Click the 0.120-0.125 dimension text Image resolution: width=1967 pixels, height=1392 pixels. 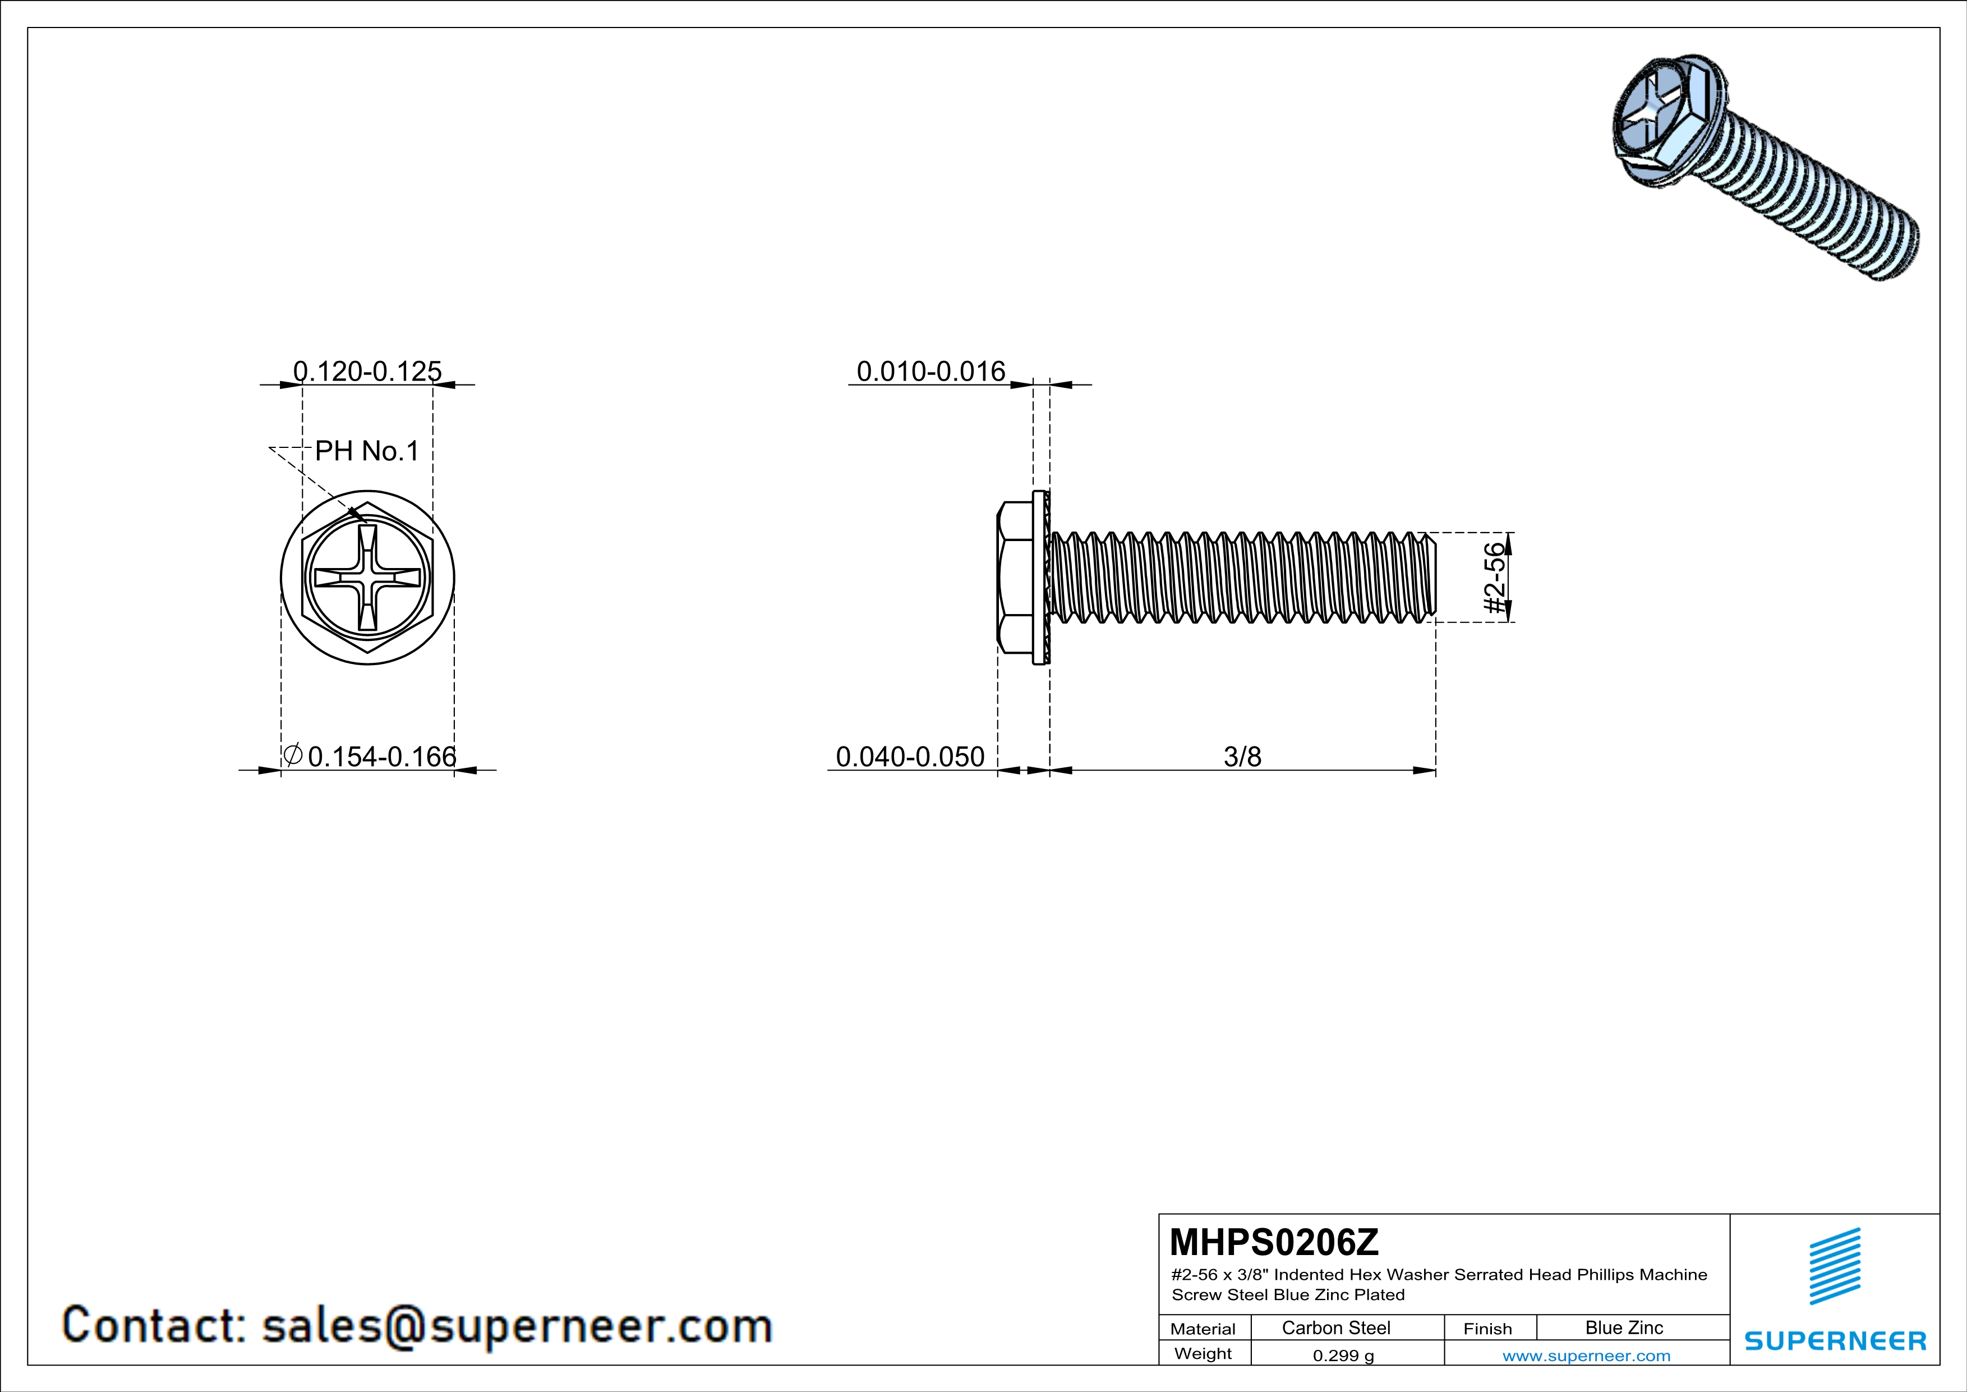(x=367, y=371)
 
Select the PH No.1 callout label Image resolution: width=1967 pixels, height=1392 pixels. (x=367, y=451)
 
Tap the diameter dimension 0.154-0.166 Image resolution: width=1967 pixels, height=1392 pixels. (x=381, y=757)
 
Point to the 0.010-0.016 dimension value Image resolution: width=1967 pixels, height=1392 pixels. (x=930, y=371)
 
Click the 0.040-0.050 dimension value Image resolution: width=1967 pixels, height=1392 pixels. (x=910, y=757)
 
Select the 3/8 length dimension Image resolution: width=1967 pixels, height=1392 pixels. (x=1242, y=757)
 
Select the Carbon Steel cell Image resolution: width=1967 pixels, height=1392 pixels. (x=1335, y=1327)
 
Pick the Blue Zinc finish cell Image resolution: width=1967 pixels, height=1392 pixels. (x=1623, y=1327)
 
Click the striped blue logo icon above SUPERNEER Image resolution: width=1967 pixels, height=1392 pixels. (x=1835, y=1266)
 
